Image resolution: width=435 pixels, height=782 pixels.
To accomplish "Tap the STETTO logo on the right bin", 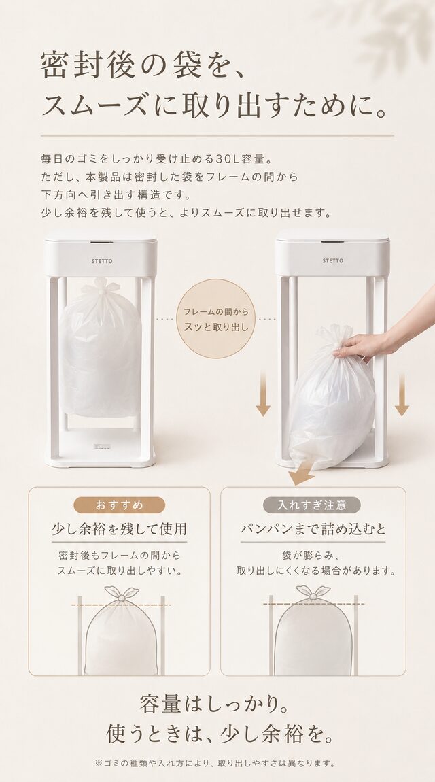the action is pyautogui.click(x=332, y=261).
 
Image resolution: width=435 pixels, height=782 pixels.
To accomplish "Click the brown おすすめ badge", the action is pyautogui.click(x=119, y=505).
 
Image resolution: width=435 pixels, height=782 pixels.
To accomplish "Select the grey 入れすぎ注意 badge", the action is pyautogui.click(x=312, y=505).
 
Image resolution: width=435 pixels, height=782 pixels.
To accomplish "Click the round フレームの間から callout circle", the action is pyautogui.click(x=215, y=319).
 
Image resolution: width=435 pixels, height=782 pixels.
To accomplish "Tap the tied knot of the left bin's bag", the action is pyautogui.click(x=101, y=287).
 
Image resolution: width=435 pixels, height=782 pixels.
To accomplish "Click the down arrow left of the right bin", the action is pyautogui.click(x=263, y=394).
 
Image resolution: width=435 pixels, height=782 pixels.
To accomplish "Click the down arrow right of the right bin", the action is pyautogui.click(x=402, y=394).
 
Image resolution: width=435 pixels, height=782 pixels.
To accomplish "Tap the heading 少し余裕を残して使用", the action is pyautogui.click(x=120, y=529).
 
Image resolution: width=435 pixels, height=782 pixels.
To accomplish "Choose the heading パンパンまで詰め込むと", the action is pyautogui.click(x=313, y=529).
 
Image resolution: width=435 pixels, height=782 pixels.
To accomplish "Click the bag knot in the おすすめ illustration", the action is pyautogui.click(x=121, y=594).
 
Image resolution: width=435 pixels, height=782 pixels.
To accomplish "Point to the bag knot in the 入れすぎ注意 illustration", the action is pyautogui.click(x=313, y=594).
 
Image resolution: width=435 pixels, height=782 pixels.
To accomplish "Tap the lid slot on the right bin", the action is pyautogui.click(x=332, y=242).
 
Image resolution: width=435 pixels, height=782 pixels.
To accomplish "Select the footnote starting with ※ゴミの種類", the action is pyautogui.click(x=215, y=764).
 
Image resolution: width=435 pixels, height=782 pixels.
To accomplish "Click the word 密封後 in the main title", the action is pyautogui.click(x=88, y=67).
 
